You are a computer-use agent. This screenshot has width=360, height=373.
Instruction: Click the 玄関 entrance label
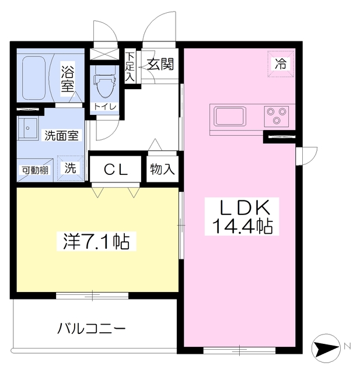[159, 65]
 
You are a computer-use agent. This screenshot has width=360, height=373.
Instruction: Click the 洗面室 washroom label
[62, 136]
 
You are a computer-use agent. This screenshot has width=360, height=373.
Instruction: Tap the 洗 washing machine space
[70, 169]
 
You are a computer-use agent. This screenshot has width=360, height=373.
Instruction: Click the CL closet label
[116, 170]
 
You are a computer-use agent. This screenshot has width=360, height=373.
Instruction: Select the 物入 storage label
[162, 170]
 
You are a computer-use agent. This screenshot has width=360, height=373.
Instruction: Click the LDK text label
[244, 207]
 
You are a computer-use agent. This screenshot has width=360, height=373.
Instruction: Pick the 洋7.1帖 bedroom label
[96, 241]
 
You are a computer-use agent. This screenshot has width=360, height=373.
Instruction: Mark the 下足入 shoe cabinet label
[130, 66]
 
